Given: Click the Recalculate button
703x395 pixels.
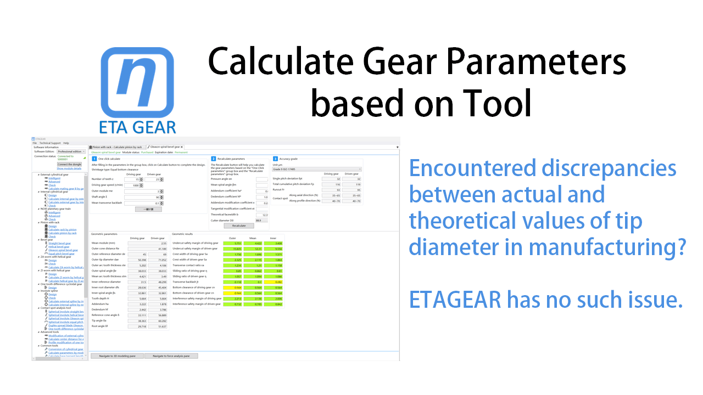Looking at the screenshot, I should tap(239, 225).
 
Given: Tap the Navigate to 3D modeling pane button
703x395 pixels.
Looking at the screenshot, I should tap(117, 356).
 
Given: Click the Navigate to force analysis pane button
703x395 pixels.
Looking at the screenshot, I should tap(171, 356).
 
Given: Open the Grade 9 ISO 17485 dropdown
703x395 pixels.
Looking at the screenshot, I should tap(317, 169).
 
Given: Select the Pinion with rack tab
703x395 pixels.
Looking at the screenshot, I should tap(117, 147).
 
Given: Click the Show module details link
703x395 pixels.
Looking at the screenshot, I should tap(69, 168).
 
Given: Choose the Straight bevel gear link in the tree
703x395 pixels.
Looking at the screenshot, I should tap(59, 243).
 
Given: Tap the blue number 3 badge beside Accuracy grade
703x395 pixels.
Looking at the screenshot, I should tap(275, 158).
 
